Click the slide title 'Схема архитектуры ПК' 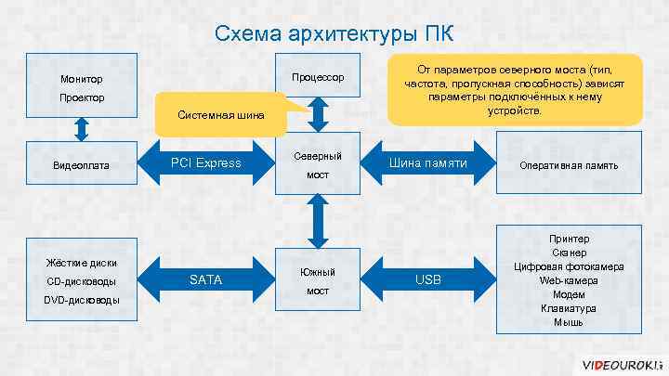pos(334,34)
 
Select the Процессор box pos(318,76)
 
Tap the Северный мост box pos(318,165)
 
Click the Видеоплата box pos(82,165)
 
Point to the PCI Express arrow pos(205,163)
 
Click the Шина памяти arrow pos(426,163)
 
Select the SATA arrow pos(205,279)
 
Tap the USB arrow pos(427,279)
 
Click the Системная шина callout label pos(220,115)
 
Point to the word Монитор pos(82,80)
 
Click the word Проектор pos(82,97)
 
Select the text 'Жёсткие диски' pos(82,263)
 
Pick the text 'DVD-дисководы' pos(82,299)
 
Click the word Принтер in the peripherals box pos(569,239)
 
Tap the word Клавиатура pos(569,308)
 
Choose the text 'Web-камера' pos(569,280)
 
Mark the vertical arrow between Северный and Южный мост pos(318,221)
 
